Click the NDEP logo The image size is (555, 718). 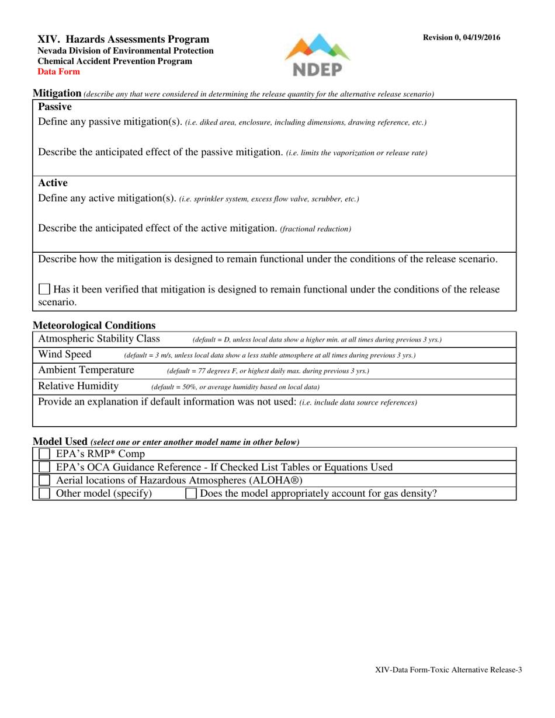coord(317,55)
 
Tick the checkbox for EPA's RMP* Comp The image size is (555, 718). coord(44,454)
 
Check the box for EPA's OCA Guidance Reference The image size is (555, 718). coord(44,467)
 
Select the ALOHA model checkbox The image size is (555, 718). coord(44,480)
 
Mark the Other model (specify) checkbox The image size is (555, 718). coord(44,494)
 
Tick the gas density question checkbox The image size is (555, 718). coord(191,494)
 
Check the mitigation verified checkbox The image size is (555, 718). coord(44,289)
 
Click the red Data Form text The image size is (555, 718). coord(59,72)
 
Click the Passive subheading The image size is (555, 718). coord(55,107)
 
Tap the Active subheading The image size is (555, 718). coord(53,183)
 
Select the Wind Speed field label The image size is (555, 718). coord(65,354)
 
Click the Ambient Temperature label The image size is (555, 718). coord(86,370)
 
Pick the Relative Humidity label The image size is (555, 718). coord(78,386)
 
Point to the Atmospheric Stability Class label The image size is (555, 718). coord(99,339)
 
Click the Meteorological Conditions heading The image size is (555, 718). coord(94,325)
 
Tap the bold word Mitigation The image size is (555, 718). coord(57,93)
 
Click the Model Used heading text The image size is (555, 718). coord(60,442)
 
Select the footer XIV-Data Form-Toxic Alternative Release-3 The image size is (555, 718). coord(448,670)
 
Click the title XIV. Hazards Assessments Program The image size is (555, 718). coord(123,39)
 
